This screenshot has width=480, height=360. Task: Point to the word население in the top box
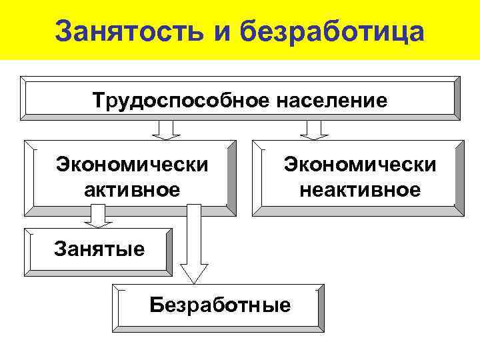tap(329, 101)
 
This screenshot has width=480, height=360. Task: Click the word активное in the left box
tap(132, 190)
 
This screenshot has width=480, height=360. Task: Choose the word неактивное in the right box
tap(360, 190)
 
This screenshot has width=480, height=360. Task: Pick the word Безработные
tap(220, 305)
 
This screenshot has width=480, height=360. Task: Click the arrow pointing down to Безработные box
tap(194, 247)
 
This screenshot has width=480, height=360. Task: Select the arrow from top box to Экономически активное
tap(167, 129)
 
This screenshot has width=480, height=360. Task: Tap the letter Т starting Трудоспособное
tap(99, 101)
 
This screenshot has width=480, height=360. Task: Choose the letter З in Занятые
tap(59, 250)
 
